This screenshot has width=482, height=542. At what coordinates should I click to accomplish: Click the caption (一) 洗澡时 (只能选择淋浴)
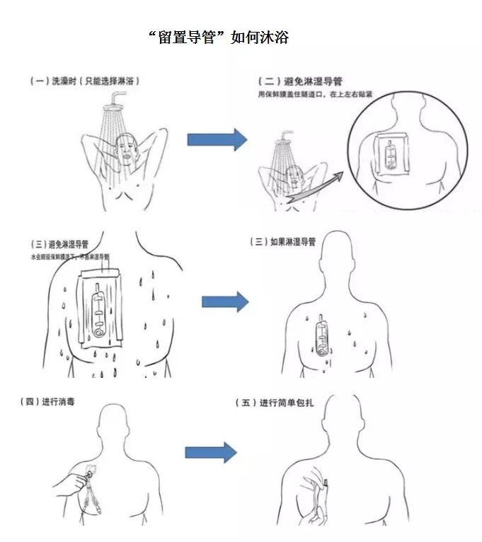(x=85, y=81)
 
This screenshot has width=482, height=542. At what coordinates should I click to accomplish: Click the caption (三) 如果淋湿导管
(x=282, y=242)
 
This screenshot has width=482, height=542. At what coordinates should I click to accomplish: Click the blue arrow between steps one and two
(x=217, y=139)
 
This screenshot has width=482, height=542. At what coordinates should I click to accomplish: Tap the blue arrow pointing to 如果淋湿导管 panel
(x=225, y=301)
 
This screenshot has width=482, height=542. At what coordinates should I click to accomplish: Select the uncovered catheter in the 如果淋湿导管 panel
(x=323, y=337)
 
